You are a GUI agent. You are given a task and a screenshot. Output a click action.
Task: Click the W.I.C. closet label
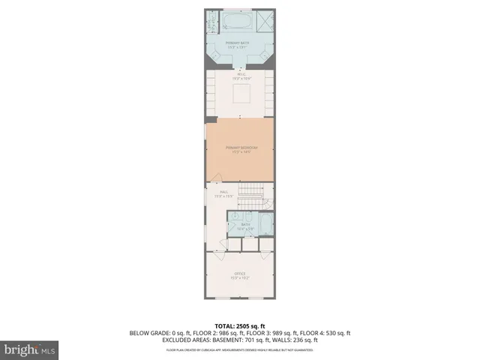pyautogui.click(x=241, y=76)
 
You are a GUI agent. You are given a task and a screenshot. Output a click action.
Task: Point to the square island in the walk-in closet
pyautogui.click(x=241, y=94)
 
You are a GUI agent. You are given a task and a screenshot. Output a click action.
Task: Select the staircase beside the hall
pyautogui.click(x=257, y=196)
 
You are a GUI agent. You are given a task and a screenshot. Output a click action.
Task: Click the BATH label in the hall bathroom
pyautogui.click(x=246, y=226)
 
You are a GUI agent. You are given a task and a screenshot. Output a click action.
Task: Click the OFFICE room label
pyautogui.click(x=241, y=274)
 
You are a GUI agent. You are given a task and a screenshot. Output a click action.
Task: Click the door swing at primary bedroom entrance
pyautogui.click(x=216, y=178)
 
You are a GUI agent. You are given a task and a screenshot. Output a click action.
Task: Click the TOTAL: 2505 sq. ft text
pyautogui.click(x=240, y=326)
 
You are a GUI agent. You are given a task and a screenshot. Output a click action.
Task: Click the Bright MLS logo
pyautogui.click(x=30, y=349)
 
